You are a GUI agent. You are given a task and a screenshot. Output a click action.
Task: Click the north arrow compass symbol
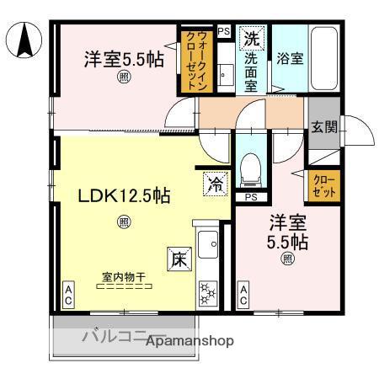click(26, 39)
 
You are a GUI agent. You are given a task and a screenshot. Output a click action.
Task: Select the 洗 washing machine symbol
click(252, 38)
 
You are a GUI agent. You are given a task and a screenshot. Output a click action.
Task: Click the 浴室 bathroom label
click(289, 59)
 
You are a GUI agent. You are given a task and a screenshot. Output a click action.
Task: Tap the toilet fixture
click(250, 167)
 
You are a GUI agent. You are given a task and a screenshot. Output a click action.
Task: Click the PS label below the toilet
click(250, 198)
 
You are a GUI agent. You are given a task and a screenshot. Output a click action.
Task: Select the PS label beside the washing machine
click(223, 31)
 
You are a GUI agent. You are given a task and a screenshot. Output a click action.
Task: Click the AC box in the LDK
click(67, 295)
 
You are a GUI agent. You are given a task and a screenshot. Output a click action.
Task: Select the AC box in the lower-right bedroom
click(244, 295)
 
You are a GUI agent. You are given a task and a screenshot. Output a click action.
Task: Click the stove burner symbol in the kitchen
click(206, 293)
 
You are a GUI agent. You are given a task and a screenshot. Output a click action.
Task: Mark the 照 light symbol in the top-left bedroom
click(124, 78)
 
